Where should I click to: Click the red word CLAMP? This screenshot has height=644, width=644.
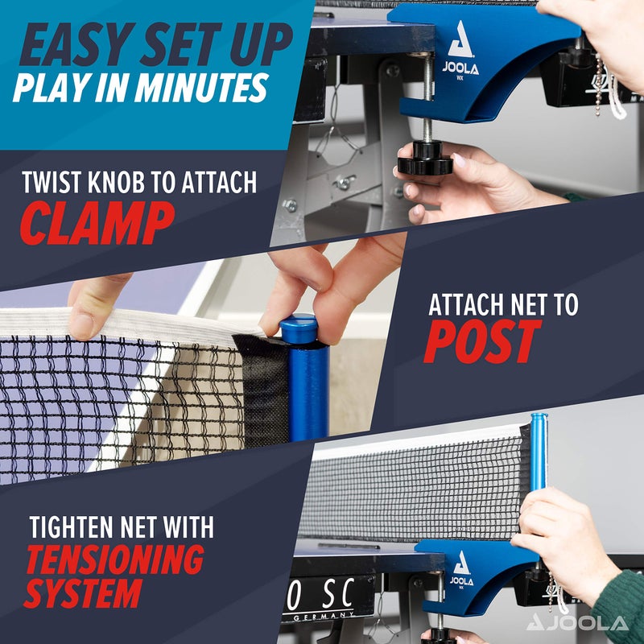pos(97,222)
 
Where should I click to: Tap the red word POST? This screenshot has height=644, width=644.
pos(481,342)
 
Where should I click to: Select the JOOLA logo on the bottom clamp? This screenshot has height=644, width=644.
pos(461,569)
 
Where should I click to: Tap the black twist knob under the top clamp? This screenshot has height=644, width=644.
pos(423,159)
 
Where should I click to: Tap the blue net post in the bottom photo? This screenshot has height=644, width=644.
pos(538,451)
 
